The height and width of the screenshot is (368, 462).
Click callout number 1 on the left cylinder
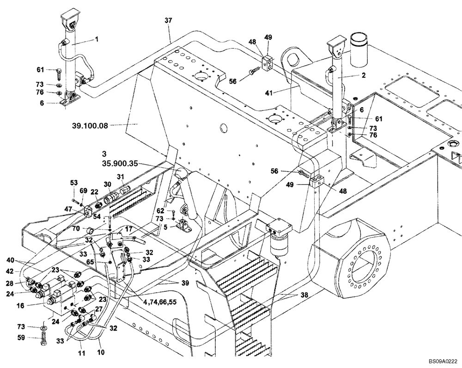[97, 40]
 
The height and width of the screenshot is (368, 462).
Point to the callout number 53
[74, 183]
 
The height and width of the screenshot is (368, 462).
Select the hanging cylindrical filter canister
[278, 245]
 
